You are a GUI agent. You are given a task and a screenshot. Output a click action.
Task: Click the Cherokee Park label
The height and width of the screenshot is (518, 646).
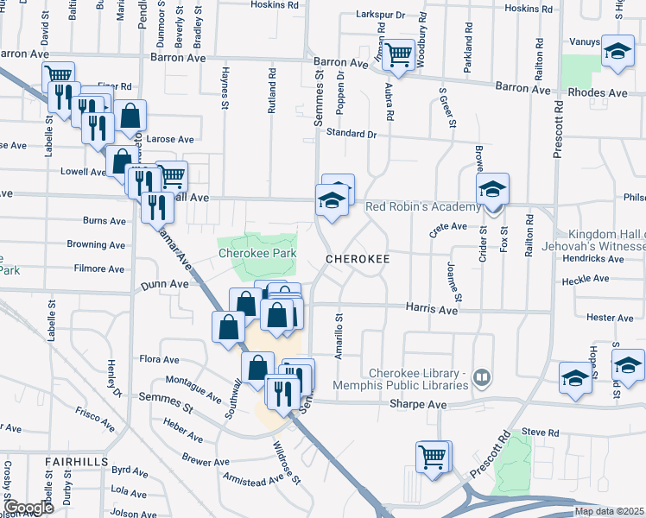click(x=256, y=253)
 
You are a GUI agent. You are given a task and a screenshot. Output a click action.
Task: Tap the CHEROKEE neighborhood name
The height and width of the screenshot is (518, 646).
click(x=358, y=258)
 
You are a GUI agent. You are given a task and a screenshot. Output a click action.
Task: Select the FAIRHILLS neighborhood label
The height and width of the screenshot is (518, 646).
click(x=77, y=462)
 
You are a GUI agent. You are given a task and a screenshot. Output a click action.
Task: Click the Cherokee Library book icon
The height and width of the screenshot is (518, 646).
click(x=482, y=377)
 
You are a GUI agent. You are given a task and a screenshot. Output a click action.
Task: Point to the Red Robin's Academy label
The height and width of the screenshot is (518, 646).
click(x=422, y=207)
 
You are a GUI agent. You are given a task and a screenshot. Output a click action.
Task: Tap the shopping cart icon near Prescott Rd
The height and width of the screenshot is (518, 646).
click(x=434, y=456)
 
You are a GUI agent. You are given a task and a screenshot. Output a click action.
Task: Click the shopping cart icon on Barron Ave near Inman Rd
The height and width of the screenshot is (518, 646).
click(x=398, y=55)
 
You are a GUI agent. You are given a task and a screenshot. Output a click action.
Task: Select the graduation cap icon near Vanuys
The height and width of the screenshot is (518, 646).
click(x=617, y=51)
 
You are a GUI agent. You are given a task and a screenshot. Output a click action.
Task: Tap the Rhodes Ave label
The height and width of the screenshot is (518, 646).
click(x=597, y=92)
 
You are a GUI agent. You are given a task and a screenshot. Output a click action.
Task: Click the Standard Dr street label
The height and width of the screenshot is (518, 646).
click(x=351, y=134)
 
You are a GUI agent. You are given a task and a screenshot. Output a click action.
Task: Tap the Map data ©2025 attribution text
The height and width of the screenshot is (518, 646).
click(x=609, y=511)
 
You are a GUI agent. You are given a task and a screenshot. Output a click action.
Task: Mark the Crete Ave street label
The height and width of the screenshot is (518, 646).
click(x=447, y=229)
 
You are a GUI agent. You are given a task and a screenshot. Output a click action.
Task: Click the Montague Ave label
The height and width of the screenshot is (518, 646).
click(x=192, y=389)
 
